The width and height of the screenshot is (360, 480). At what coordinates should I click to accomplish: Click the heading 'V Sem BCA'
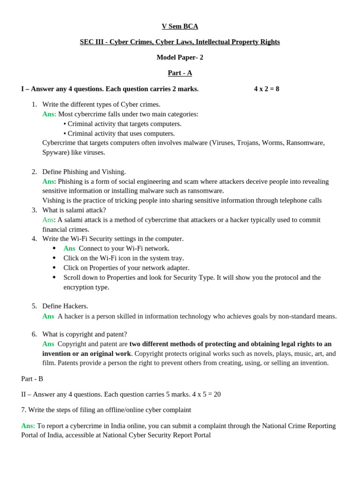pos(180,26)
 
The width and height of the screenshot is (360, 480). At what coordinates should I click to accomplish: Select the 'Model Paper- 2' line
pos(180,57)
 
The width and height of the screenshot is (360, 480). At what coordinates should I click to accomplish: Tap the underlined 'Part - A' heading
pos(180,73)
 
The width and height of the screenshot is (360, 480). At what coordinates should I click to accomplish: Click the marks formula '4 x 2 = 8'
pos(266,89)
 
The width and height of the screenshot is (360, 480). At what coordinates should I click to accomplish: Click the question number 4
pos(34,239)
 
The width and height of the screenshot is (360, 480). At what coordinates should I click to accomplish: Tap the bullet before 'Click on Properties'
pos(54,268)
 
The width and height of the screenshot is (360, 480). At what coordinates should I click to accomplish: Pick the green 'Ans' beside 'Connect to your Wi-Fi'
pos(69,248)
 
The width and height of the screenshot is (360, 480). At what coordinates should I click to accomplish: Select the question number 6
pos(34,334)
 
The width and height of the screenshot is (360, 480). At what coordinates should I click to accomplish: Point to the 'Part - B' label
pos(32,379)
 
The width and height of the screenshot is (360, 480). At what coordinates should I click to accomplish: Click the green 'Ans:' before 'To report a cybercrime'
pos(28,426)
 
